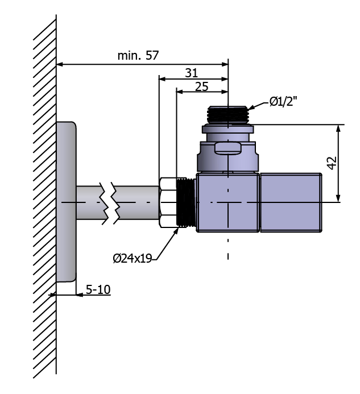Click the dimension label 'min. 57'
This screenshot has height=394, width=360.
coord(138,56)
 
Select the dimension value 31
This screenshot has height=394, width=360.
coord(192,73)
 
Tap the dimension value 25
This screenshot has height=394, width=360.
coord(202,86)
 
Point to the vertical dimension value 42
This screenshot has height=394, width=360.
coord(332,163)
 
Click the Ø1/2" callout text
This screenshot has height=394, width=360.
coord(283,102)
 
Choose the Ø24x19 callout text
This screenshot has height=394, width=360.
coord(133,258)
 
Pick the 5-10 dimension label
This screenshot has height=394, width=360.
coord(98,289)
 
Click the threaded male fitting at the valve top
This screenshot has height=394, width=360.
coord(228,115)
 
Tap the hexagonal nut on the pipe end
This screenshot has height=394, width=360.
coord(168,202)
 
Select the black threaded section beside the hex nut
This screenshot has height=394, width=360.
coord(187,202)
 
